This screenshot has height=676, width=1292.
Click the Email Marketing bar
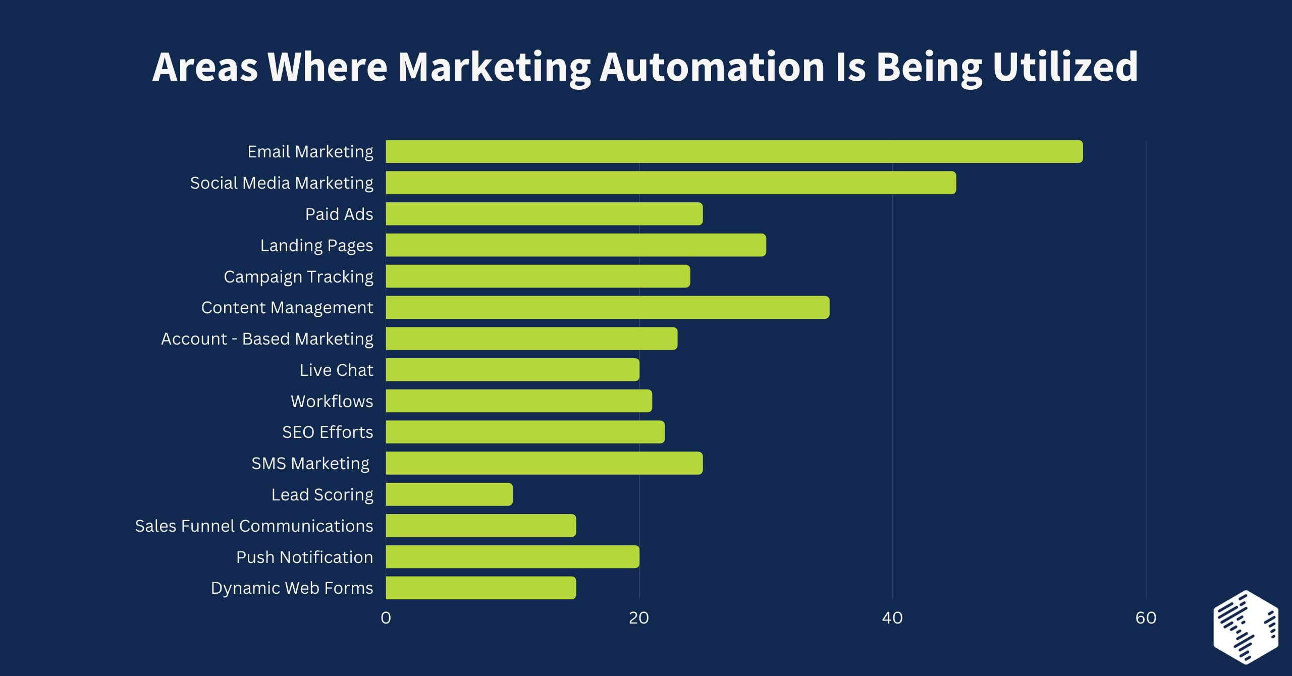pyautogui.click(x=734, y=151)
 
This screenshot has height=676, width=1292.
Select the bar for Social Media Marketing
pyautogui.click(x=671, y=183)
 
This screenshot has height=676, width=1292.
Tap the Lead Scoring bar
pyautogui.click(x=449, y=494)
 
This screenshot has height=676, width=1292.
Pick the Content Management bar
pyautogui.click(x=607, y=307)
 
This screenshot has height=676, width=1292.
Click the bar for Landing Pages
pyautogui.click(x=576, y=245)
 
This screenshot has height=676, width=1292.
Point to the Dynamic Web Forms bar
pyautogui.click(x=480, y=588)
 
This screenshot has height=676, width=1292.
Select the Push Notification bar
pyautogui.click(x=512, y=557)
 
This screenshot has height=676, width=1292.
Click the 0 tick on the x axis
pyautogui.click(x=386, y=618)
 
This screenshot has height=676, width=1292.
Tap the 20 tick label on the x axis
pyautogui.click(x=639, y=618)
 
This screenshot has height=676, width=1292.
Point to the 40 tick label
pyautogui.click(x=892, y=618)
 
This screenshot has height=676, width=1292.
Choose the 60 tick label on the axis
pyautogui.click(x=1146, y=618)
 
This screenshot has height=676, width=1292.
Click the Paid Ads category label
pyautogui.click(x=339, y=214)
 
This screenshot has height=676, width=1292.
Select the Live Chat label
pyautogui.click(x=336, y=370)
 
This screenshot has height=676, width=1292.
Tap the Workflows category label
pyautogui.click(x=332, y=402)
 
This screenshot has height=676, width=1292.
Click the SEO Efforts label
pyautogui.click(x=328, y=432)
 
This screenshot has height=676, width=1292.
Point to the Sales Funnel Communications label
pyautogui.click(x=254, y=526)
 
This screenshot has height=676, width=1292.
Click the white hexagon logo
pyautogui.click(x=1246, y=627)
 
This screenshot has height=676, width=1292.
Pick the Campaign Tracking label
pyautogui.click(x=298, y=277)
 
